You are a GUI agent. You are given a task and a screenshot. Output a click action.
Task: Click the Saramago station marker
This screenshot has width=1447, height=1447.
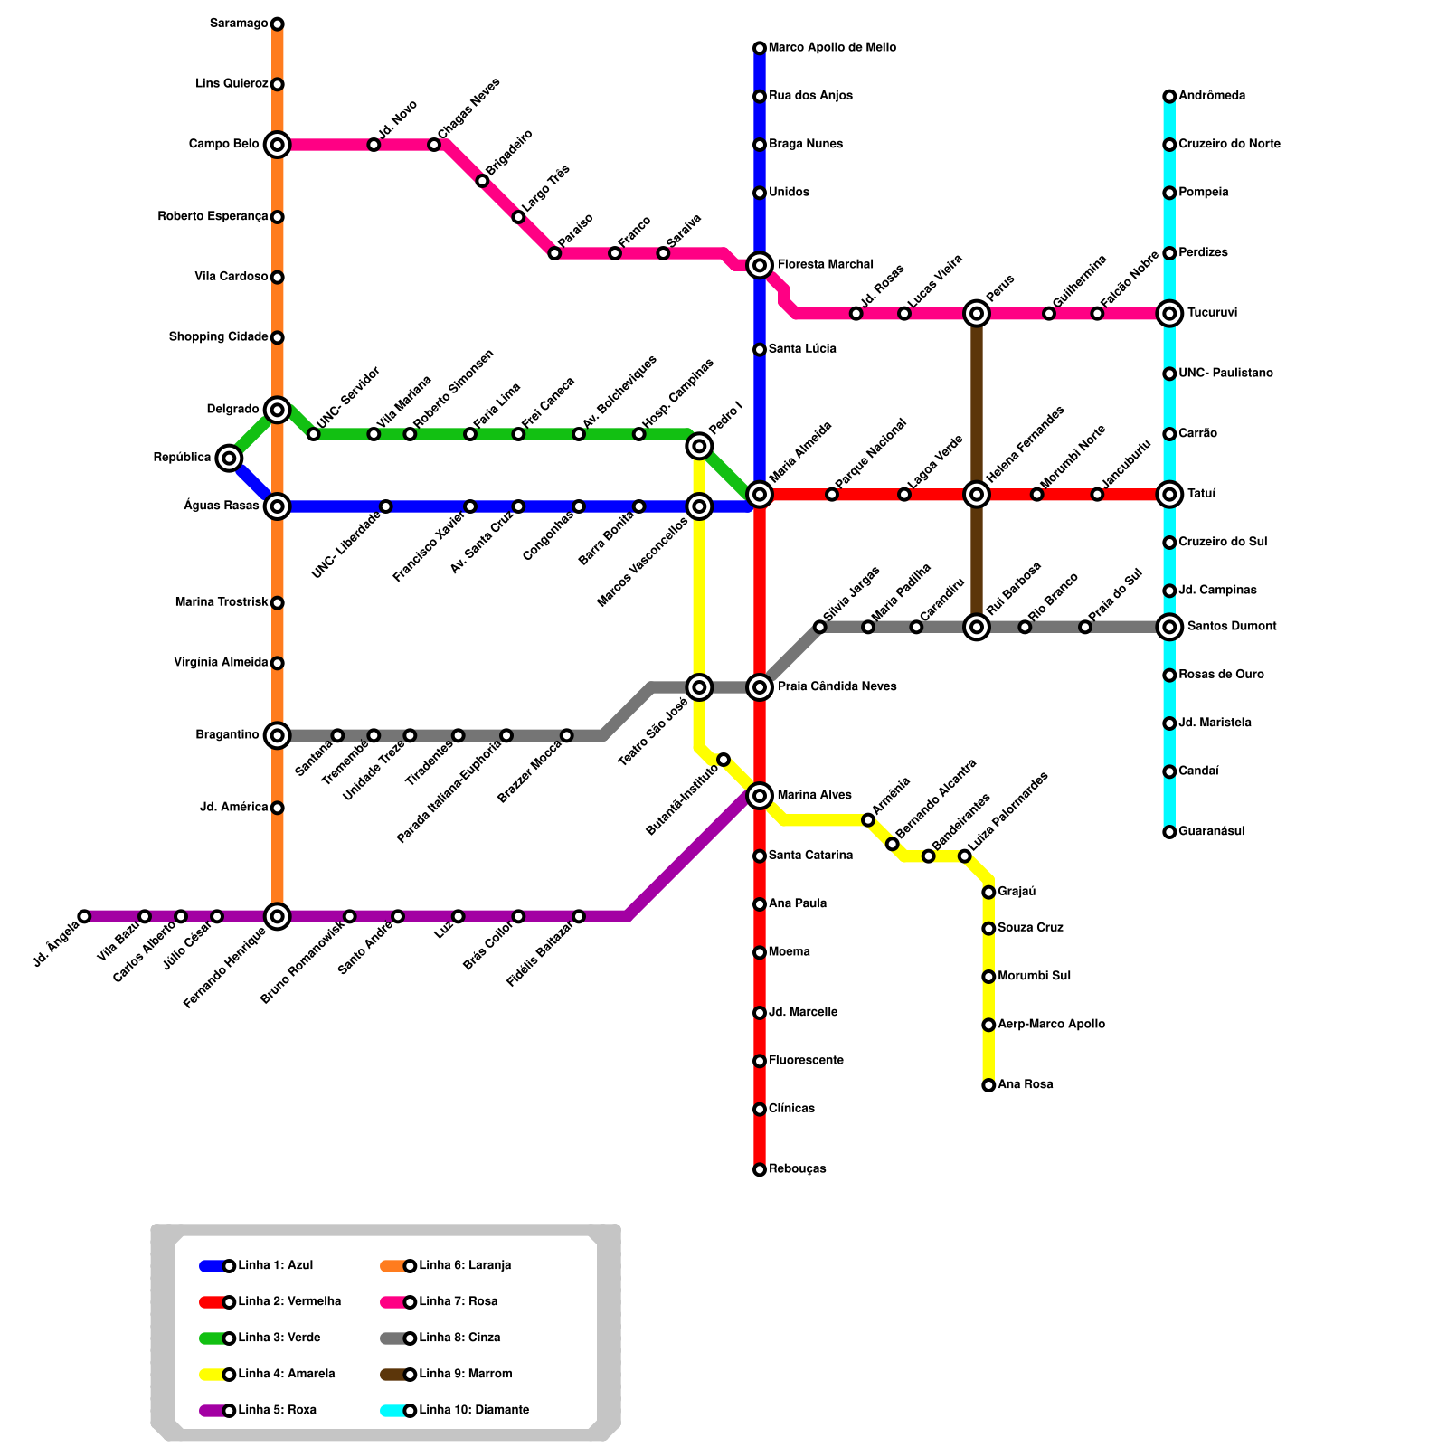(278, 24)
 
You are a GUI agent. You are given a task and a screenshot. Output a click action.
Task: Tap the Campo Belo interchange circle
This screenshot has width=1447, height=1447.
(278, 145)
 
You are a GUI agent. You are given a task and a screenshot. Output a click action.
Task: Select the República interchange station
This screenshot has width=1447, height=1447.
(230, 459)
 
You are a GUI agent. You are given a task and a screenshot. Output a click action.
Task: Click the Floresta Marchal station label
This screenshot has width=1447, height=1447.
(825, 265)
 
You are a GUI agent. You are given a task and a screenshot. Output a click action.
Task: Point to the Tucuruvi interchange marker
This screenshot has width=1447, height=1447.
(1169, 314)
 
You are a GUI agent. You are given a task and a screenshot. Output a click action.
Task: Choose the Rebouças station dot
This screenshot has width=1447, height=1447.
(760, 1169)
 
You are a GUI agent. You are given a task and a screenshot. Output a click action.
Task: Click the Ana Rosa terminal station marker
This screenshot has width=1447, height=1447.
(988, 1085)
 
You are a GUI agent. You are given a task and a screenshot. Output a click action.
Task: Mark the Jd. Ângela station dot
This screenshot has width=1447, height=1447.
(84, 916)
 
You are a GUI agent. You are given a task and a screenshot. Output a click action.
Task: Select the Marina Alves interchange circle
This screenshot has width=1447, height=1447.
(760, 796)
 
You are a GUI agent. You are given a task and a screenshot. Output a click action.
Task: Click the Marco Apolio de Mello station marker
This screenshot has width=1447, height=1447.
(760, 48)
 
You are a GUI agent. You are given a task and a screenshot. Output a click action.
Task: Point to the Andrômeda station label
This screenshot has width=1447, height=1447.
(1212, 96)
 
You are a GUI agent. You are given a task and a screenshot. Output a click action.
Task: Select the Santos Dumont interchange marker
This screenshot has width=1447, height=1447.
(1169, 627)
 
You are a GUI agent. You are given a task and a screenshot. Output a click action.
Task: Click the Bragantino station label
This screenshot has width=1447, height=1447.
(227, 735)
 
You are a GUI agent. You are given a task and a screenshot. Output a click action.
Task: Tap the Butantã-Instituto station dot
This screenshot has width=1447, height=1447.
(723, 760)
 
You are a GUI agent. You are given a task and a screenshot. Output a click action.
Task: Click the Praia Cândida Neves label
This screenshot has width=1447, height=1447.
(837, 687)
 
